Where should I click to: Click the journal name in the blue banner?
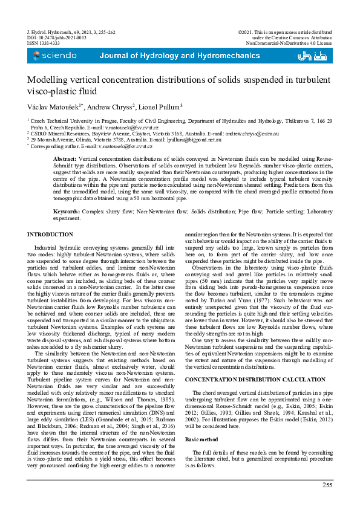click(x=171, y=56)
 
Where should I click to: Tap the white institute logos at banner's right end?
click(x=314, y=56)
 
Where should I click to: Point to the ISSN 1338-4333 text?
click(x=44, y=44)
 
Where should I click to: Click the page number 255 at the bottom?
click(x=327, y=485)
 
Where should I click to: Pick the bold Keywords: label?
click(x=68, y=212)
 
